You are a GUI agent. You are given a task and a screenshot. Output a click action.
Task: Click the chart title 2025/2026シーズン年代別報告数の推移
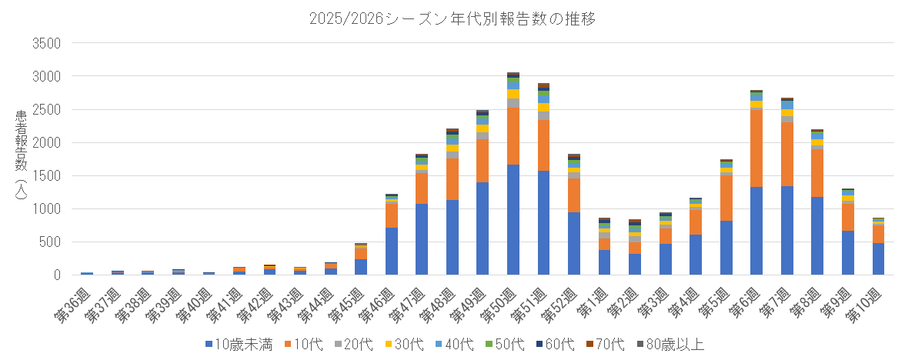(452, 18)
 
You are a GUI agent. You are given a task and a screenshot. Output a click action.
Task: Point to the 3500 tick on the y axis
(44, 43)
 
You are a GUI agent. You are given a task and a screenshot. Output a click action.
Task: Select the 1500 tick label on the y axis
(44, 175)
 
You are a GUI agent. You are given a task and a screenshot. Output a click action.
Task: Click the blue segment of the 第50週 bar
(513, 219)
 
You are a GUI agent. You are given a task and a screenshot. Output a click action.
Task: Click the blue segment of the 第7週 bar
(787, 230)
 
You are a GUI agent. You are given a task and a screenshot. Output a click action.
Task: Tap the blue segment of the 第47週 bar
(422, 239)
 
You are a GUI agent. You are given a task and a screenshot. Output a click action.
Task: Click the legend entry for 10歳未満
(239, 344)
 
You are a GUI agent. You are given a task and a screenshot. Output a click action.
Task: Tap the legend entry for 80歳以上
(669, 344)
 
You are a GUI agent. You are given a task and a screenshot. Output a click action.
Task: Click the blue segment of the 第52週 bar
(574, 243)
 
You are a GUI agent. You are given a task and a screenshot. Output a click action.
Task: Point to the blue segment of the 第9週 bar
(848, 252)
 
